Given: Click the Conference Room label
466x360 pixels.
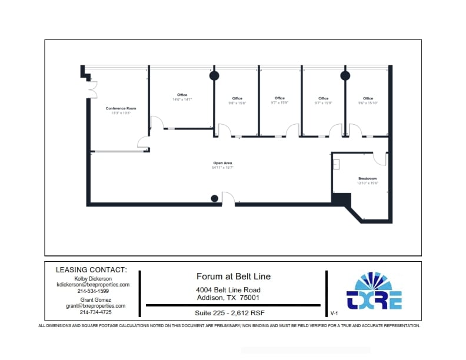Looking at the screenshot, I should click(x=121, y=108).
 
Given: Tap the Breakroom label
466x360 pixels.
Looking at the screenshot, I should click(x=367, y=178).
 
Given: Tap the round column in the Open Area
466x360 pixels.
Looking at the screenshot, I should click(x=215, y=198).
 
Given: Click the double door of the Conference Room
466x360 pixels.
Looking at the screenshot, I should click(x=93, y=89).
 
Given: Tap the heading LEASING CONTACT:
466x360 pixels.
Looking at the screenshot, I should click(x=91, y=270).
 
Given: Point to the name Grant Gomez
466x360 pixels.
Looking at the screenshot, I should click(x=95, y=299).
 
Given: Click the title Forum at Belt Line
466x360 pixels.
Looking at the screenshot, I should click(x=233, y=276).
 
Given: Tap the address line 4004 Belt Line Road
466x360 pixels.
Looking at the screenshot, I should click(x=228, y=290).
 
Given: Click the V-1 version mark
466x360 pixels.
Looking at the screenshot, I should click(x=334, y=314).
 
